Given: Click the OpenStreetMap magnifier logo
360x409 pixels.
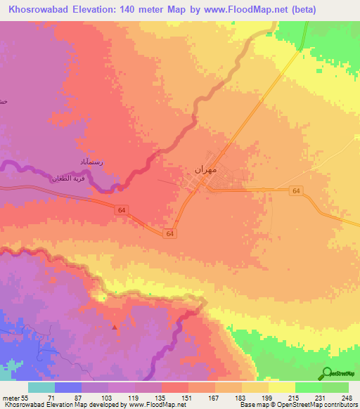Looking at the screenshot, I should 326,373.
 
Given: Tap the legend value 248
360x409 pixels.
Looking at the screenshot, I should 345,398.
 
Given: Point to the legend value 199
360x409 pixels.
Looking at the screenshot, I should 265,398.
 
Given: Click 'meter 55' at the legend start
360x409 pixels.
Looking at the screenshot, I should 16,398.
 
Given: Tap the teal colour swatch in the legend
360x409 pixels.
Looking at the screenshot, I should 41,387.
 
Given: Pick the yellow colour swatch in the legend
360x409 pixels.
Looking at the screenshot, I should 282,387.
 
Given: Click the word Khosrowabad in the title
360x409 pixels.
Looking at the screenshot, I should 39,10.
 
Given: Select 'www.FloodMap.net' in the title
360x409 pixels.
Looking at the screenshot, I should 237,10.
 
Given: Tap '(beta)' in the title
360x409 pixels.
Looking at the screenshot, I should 298,10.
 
